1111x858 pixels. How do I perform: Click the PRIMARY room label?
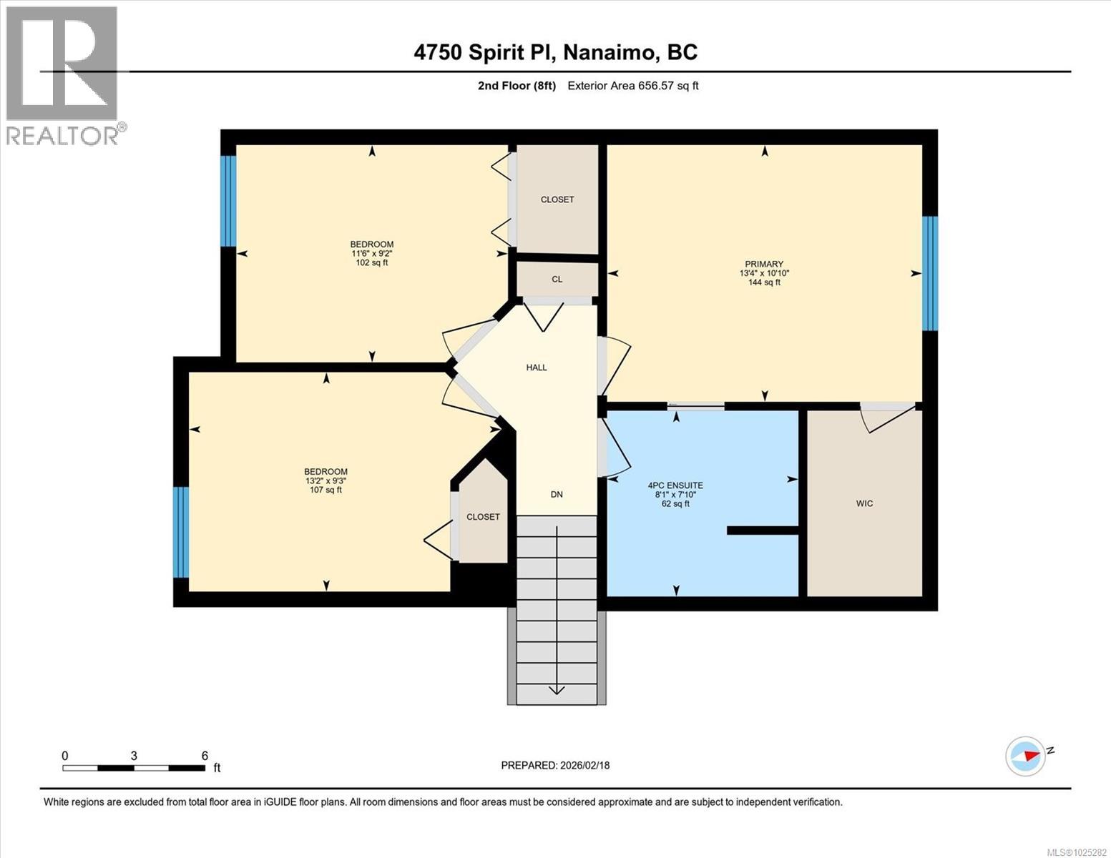pyautogui.click(x=763, y=264)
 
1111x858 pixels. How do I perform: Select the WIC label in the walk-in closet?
pyautogui.click(x=864, y=503)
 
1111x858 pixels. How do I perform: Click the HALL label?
pyautogui.click(x=537, y=368)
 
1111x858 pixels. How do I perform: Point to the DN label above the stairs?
pyautogui.click(x=557, y=494)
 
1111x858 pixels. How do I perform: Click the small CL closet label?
pyautogui.click(x=557, y=280)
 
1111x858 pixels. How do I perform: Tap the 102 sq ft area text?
pyautogui.click(x=371, y=262)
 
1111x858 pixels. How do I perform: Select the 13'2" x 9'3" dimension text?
pyautogui.click(x=326, y=480)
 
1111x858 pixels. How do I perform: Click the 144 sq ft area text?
pyautogui.click(x=763, y=282)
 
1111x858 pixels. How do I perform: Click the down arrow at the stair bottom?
pyautogui.click(x=557, y=689)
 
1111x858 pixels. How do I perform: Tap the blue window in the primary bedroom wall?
pyautogui.click(x=929, y=273)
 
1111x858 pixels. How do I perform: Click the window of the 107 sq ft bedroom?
pyautogui.click(x=181, y=532)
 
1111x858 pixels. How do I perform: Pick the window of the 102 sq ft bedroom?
pyautogui.click(x=227, y=201)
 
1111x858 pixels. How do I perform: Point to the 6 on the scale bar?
pyautogui.click(x=205, y=756)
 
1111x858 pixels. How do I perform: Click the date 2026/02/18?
pyautogui.click(x=584, y=765)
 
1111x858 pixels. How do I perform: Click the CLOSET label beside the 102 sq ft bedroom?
pyautogui.click(x=557, y=199)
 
